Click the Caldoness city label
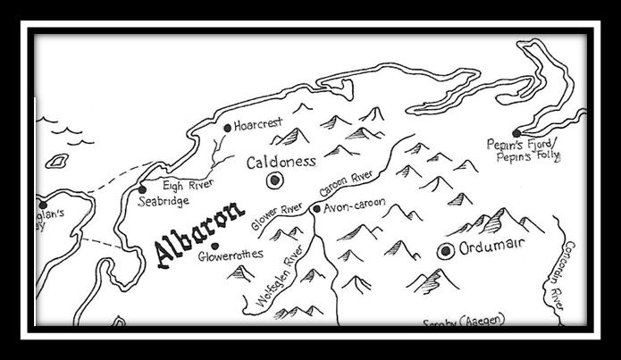281,162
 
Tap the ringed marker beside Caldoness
275,181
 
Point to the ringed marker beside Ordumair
445,251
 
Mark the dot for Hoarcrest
228,128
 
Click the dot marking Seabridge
142,189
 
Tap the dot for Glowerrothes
214,246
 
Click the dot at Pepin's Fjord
516,133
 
